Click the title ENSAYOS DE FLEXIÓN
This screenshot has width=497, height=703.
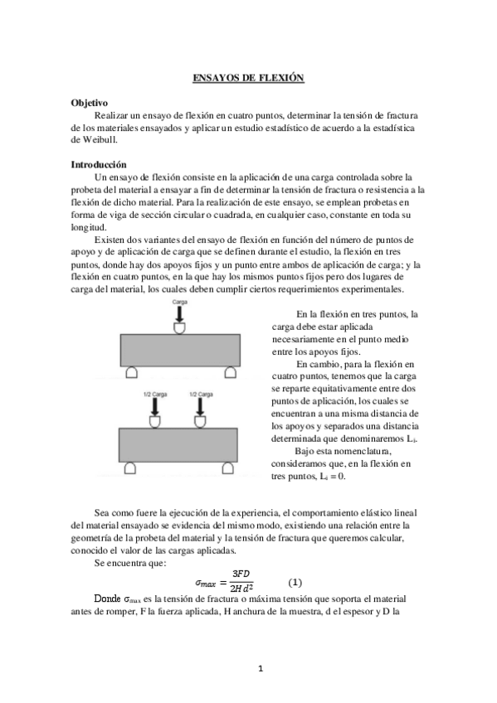pyautogui.click(x=248, y=78)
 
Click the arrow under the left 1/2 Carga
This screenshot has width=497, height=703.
pyautogui.click(x=153, y=408)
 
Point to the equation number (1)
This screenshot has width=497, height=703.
pyautogui.click(x=295, y=582)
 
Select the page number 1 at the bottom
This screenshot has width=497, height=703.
pyautogui.click(x=259, y=667)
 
